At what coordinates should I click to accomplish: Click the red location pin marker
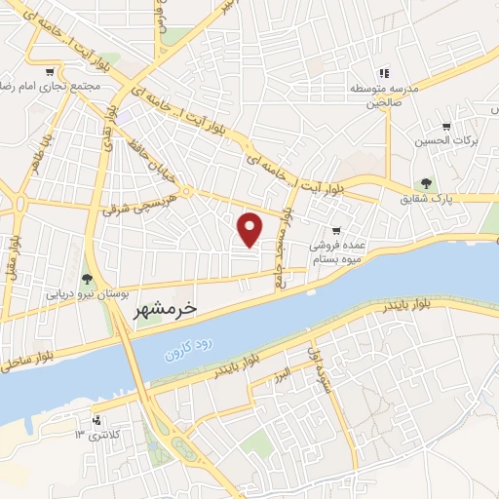(250, 228)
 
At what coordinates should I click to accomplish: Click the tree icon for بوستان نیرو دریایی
(88, 280)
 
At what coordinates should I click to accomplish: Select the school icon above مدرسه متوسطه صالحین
(384, 73)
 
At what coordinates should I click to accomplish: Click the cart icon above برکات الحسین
(446, 127)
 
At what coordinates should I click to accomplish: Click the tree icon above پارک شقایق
(425, 183)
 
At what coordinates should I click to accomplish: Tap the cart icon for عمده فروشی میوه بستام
(336, 231)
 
